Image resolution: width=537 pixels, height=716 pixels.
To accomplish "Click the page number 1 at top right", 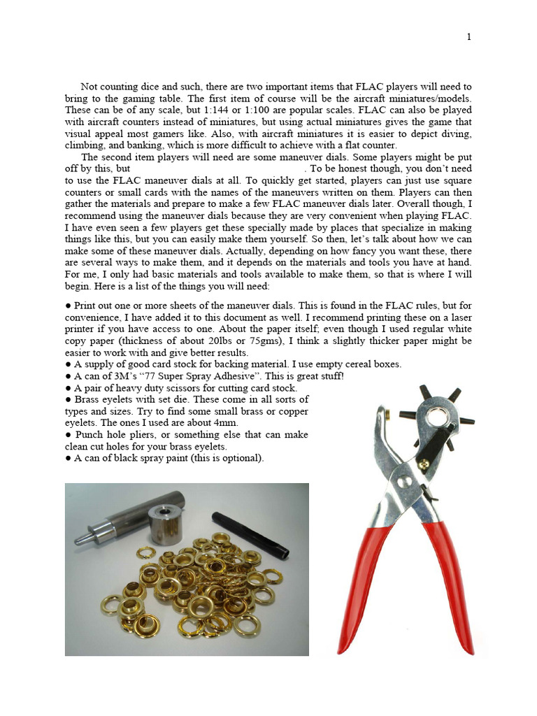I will (x=468, y=37).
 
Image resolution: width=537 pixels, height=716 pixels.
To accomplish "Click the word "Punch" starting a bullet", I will (x=89, y=435).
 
